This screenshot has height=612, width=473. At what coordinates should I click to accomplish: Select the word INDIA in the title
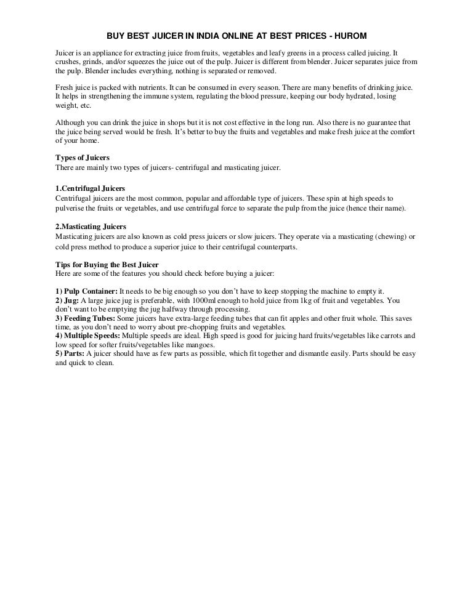pos(207,37)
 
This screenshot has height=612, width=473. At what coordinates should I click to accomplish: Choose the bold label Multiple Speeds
pos(92,336)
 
